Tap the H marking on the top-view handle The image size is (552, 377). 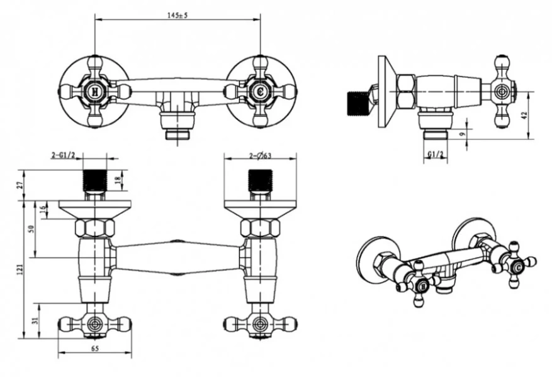tap(94, 90)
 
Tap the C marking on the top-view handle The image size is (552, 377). tap(259, 90)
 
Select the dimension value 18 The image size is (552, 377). tap(119, 181)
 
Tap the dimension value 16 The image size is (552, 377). tap(43, 209)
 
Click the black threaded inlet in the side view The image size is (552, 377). tap(358, 104)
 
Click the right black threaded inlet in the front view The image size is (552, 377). tap(259, 180)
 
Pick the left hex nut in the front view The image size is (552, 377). tap(94, 227)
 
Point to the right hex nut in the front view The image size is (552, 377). tap(259, 227)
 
